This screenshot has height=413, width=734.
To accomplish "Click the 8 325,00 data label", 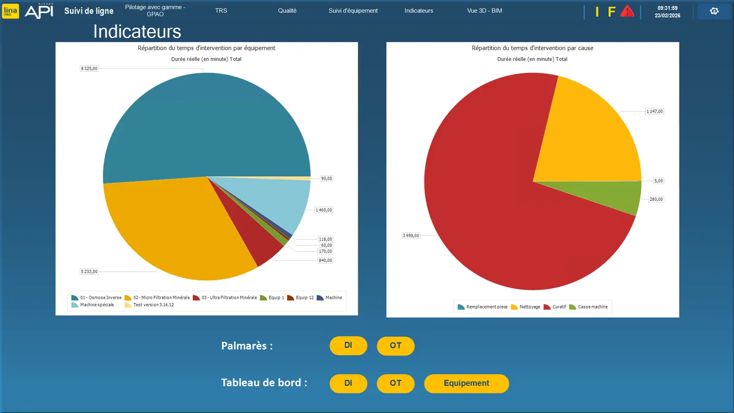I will [x=89, y=68].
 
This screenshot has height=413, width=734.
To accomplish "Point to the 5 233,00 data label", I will [x=89, y=271].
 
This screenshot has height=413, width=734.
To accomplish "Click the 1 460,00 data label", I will [x=324, y=210].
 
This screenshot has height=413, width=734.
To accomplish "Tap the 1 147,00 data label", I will [x=654, y=111].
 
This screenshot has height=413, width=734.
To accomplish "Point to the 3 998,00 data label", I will [x=411, y=236].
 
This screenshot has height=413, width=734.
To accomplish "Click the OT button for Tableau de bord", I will [x=396, y=383].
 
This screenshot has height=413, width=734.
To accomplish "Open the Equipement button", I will [x=466, y=383].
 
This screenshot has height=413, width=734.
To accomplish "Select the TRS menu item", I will [x=221, y=11].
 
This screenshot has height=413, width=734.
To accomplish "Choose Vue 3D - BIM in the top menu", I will [x=485, y=11].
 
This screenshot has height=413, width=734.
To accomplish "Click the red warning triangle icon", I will [x=627, y=12].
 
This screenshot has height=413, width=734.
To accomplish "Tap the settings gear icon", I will [x=714, y=11].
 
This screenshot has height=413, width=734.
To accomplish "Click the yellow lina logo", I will [x=10, y=11].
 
